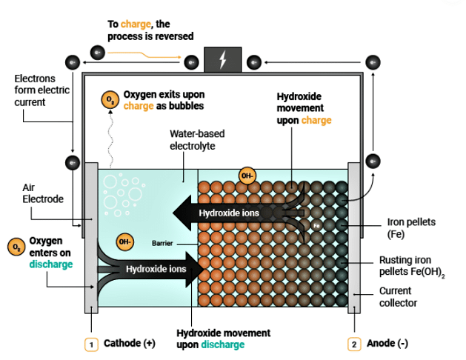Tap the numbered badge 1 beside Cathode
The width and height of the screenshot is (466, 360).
91,344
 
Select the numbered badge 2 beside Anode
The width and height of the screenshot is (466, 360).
354,344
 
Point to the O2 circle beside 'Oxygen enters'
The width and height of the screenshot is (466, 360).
16,247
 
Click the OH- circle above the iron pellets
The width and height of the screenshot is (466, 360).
247,176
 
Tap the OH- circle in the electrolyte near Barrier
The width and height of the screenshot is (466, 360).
125,241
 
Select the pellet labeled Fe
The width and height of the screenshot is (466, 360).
316,224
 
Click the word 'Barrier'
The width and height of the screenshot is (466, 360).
162,243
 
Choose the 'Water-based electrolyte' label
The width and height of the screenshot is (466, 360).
197,140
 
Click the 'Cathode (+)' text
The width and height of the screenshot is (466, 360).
130,344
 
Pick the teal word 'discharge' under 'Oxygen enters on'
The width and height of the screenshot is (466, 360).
51,264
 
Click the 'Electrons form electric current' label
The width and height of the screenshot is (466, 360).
36,90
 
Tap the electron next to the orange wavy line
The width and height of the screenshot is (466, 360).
97,52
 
